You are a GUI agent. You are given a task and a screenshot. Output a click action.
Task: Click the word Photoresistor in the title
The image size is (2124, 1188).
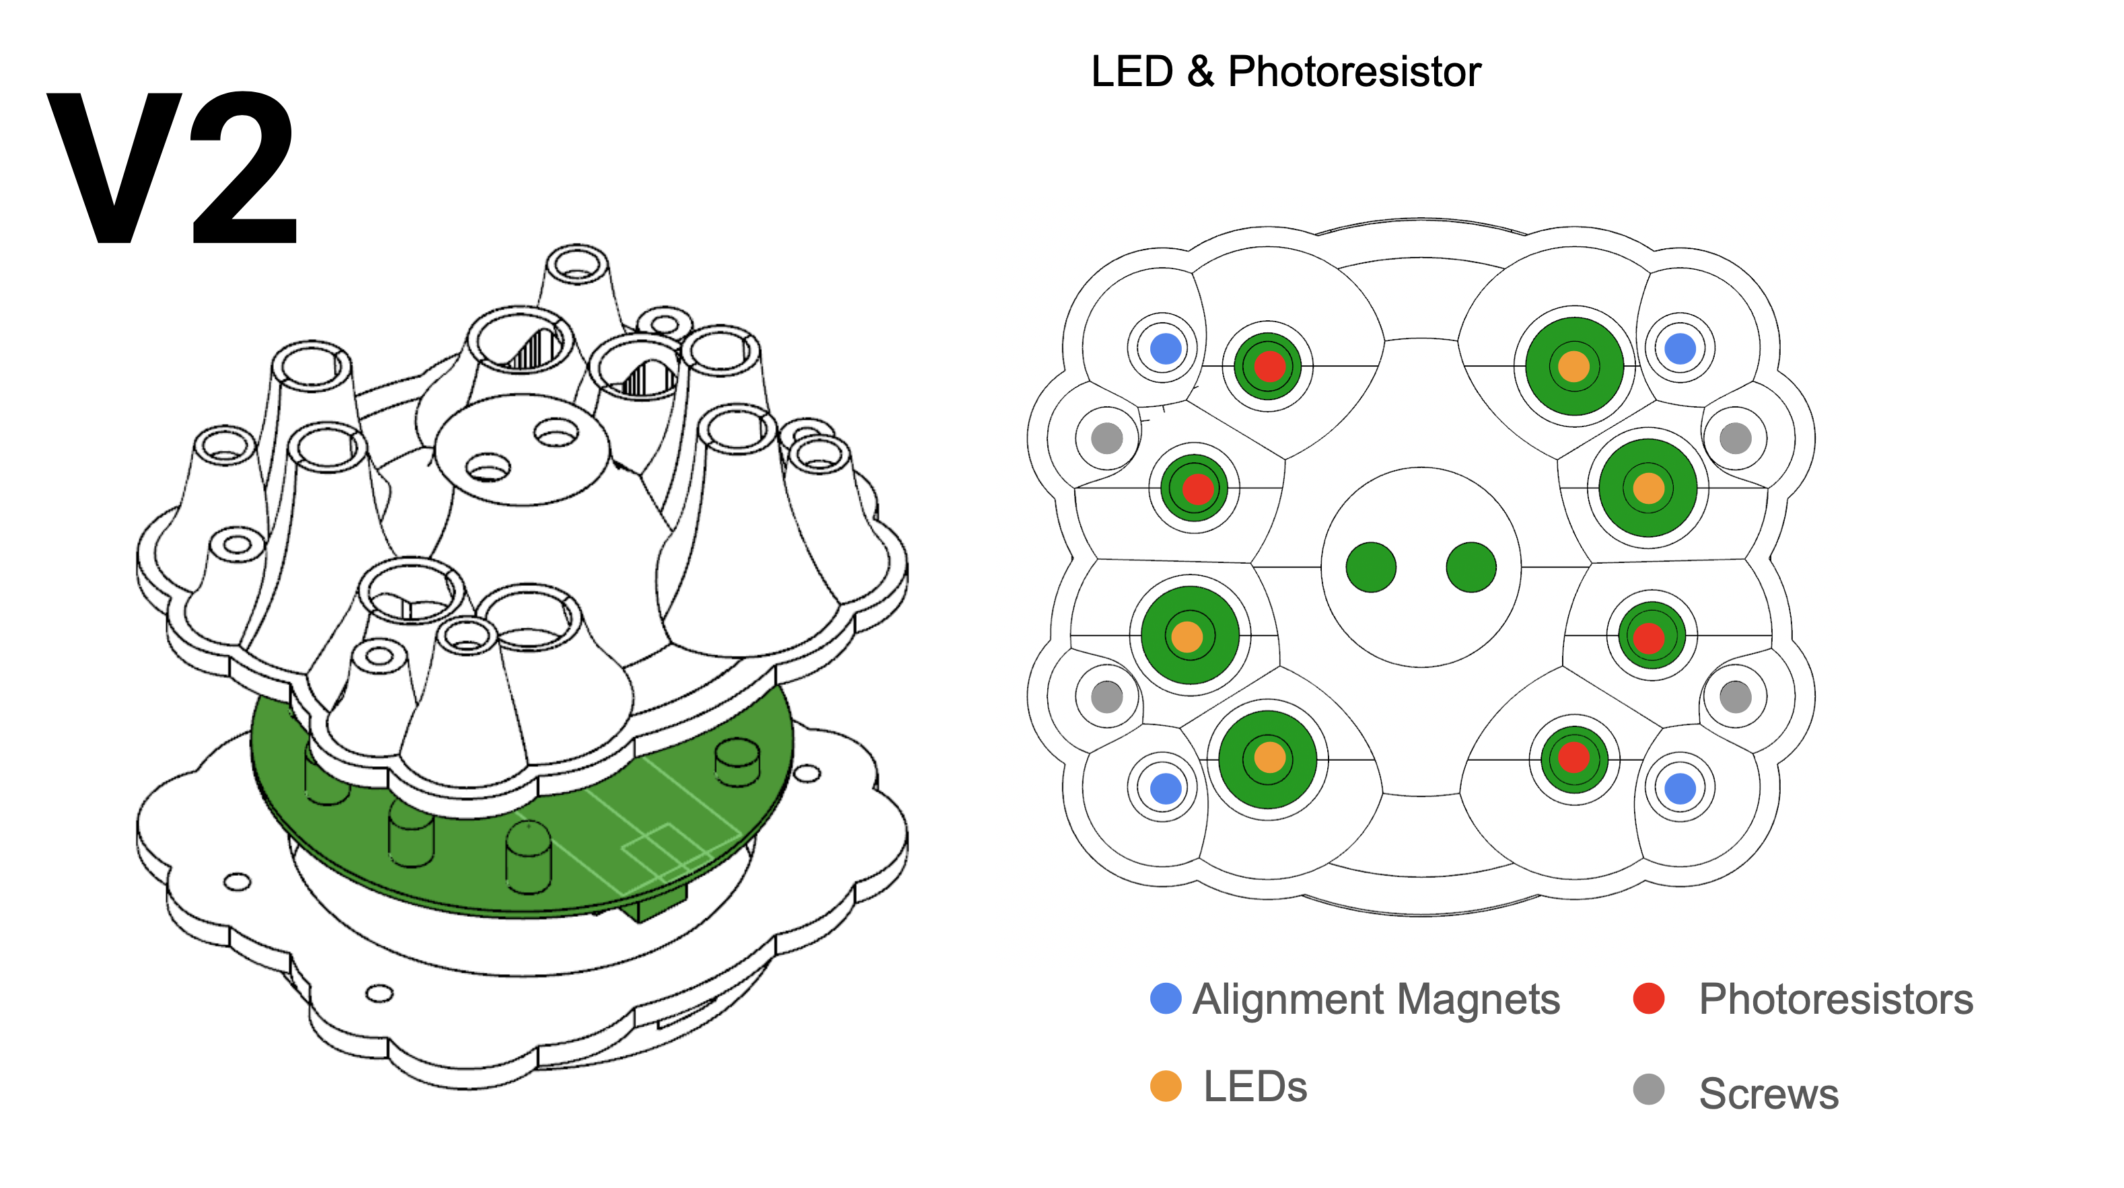tap(1354, 72)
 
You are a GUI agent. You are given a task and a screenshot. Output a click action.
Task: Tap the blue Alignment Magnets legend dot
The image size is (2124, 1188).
tap(1165, 998)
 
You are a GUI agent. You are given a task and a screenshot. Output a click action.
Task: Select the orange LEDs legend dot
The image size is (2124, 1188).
tap(1165, 1086)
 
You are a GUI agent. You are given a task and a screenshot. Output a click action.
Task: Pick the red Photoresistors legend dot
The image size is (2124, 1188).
tap(1648, 998)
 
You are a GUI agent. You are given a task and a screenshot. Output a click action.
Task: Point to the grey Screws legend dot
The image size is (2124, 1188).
tap(1648, 1089)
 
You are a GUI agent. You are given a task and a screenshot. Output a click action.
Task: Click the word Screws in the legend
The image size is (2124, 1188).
tap(1769, 1093)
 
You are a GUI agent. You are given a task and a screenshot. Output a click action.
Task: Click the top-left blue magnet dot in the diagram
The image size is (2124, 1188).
tap(1165, 348)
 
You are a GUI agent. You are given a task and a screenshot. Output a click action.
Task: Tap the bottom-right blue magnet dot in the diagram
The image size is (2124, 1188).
tap(1680, 788)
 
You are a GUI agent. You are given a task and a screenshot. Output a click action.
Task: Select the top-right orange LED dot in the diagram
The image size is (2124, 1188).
tap(1573, 366)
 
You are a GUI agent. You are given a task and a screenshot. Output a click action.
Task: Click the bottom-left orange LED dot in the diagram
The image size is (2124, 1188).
tap(1269, 757)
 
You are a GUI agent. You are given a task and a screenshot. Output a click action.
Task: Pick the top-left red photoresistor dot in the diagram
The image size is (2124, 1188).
tap(1269, 366)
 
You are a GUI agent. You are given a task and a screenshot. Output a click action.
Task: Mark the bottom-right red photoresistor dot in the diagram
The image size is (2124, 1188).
tap(1573, 757)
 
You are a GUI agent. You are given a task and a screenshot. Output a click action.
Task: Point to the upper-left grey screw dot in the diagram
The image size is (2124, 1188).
tap(1106, 438)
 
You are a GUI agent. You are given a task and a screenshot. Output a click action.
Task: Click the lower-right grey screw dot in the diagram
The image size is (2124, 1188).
tap(1735, 698)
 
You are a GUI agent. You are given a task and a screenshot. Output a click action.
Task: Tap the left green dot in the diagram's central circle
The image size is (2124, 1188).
tap(1370, 567)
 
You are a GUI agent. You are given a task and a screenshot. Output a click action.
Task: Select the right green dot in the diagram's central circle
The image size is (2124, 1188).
tap(1471, 567)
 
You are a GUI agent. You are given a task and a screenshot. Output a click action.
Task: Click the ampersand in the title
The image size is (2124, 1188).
tap(1201, 72)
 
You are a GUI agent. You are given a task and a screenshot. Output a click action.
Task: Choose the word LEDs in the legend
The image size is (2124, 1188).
tap(1255, 1086)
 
